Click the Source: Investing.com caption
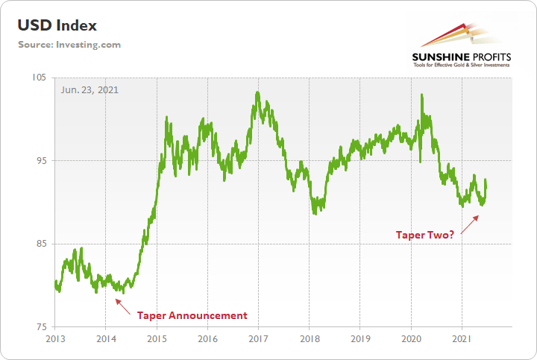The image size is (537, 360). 70,45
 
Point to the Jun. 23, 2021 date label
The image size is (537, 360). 89,89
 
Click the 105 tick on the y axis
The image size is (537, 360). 39,78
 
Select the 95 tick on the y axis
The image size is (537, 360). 40,161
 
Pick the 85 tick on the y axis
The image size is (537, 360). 40,244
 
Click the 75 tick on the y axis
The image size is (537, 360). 40,327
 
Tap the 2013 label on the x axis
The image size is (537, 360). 55,340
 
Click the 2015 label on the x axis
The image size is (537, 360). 157,340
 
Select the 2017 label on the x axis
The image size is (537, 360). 258,340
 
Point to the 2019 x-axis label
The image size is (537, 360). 360,340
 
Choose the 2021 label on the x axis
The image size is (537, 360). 462,340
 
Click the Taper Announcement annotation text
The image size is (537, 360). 192,315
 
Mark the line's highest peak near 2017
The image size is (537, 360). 257,92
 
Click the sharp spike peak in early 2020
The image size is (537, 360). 422,95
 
